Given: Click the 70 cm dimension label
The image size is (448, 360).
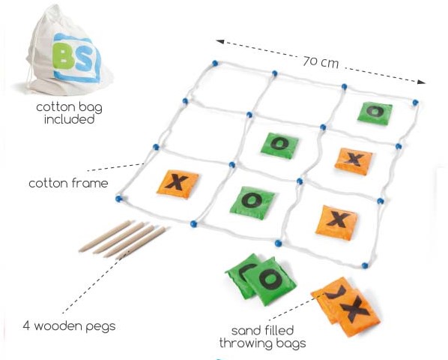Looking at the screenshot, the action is point(321,62).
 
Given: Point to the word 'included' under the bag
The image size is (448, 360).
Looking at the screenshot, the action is point(70,119).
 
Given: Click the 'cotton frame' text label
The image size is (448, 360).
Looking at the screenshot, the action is point(69,183).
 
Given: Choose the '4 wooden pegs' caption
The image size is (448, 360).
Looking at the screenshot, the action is point(70,325).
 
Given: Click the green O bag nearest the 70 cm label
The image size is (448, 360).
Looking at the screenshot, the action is point(375,113).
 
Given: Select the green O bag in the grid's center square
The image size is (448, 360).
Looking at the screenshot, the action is point(279,145).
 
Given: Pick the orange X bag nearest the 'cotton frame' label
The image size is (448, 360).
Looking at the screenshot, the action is point(178,184).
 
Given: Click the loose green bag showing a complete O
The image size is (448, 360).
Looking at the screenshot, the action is point(270,280).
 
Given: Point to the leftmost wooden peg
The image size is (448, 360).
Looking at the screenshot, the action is point(106,236).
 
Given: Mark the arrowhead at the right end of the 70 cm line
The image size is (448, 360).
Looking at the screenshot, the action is point(421,82).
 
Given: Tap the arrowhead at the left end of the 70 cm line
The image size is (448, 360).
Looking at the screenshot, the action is point(220,42).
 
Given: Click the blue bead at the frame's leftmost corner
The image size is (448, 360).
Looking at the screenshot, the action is point(118,199).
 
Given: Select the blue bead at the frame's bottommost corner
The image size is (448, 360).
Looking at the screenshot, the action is point(365,265).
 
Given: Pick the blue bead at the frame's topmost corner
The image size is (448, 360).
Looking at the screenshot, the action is point(215,63).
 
